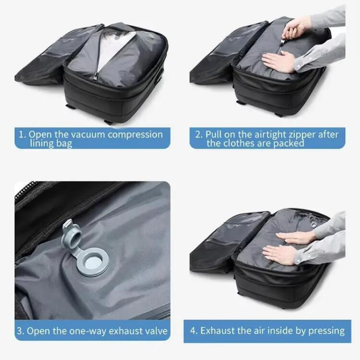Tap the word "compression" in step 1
(x=135, y=135)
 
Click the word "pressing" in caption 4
(x=326, y=331)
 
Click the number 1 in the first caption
(x=22, y=135)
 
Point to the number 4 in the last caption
(x=193, y=331)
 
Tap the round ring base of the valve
(x=92, y=262)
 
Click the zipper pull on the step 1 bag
(x=94, y=77)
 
